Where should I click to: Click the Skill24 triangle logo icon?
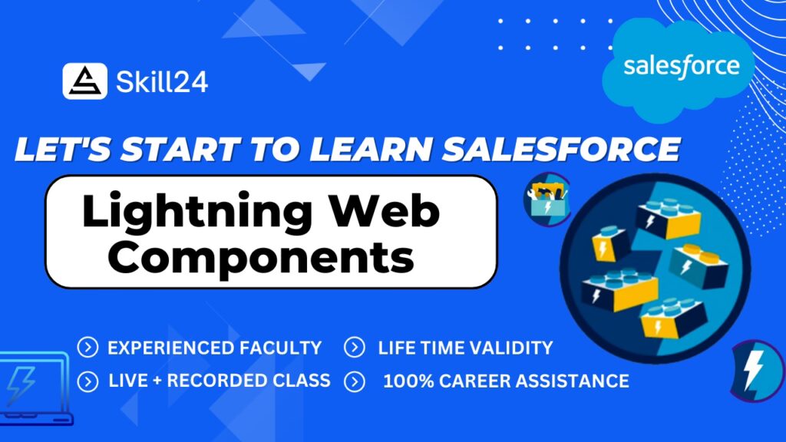84,81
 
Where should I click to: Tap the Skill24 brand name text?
162,81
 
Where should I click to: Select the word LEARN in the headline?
371,149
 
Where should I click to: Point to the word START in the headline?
180,149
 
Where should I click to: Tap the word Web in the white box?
385,210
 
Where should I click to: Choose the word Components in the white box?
261,257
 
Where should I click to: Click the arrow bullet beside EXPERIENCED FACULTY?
88,348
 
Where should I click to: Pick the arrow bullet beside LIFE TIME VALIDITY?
355,348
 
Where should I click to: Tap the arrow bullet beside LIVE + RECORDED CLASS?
88,381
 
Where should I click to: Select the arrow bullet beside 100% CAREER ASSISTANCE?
355,381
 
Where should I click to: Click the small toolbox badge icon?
547,200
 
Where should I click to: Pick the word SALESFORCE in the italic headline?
561,149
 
